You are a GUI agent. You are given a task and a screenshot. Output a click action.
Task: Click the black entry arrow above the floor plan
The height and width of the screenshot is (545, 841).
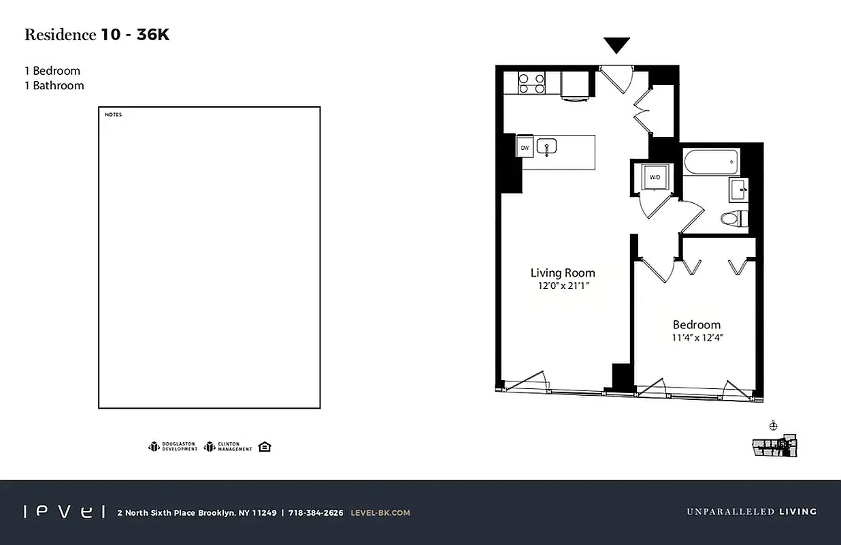[617, 46]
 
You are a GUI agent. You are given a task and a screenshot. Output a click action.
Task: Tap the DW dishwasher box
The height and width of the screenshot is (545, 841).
[525, 147]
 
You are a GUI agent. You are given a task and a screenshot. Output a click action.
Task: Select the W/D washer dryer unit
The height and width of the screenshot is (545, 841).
[655, 177]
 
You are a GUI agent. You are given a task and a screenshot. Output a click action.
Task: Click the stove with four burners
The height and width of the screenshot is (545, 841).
[531, 83]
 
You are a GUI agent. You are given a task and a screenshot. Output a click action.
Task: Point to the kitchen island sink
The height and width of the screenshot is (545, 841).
[547, 146]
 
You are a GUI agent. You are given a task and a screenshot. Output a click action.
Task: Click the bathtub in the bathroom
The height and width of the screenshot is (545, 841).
[711, 162]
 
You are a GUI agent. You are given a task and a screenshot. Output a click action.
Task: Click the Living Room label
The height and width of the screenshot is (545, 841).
[563, 273]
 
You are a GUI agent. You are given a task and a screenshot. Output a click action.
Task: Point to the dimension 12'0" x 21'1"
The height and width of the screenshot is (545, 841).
[563, 287]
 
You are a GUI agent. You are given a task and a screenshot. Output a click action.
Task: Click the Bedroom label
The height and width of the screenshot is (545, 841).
[697, 325]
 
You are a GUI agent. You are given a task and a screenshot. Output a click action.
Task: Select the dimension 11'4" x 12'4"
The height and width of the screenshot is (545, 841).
[697, 338]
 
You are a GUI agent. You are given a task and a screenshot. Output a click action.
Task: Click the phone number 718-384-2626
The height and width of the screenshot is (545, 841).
[316, 513]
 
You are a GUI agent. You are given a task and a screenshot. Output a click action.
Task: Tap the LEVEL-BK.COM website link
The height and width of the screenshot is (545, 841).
[380, 513]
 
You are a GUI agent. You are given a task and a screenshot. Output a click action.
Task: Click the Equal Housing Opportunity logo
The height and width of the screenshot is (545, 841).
[265, 447]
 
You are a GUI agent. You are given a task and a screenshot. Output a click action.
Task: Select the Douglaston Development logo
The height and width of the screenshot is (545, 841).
[173, 447]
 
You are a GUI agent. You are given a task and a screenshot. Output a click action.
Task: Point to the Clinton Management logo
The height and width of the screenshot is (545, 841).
[228, 447]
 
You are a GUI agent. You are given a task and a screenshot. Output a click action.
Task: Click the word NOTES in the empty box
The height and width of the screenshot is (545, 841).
[113, 114]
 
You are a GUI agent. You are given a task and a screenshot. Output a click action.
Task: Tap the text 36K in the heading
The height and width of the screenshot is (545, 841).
[153, 35]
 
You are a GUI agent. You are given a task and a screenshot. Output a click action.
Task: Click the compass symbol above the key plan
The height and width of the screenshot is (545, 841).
[772, 426]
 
